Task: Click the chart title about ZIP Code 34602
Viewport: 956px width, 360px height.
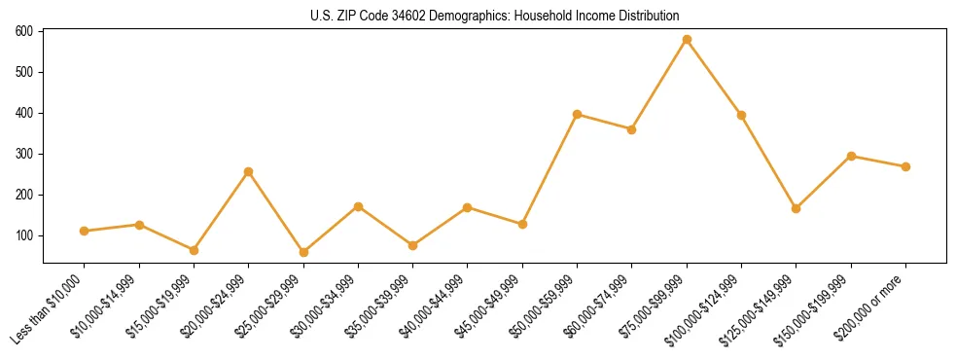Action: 495,17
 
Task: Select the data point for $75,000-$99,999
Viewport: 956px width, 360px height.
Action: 687,40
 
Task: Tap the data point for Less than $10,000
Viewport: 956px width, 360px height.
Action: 85,231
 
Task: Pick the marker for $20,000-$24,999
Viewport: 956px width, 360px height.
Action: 249,171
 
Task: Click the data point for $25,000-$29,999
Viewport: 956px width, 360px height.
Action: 303,252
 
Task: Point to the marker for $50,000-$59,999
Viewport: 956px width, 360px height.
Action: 578,115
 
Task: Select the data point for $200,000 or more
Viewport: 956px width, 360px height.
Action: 905,166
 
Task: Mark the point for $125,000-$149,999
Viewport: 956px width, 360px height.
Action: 797,208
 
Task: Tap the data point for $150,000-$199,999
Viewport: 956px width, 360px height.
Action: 851,156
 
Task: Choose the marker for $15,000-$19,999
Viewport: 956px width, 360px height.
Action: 194,250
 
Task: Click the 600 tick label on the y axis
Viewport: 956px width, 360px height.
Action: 24,31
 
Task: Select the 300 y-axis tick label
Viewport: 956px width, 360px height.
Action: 24,154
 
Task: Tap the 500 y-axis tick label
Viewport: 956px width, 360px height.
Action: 24,72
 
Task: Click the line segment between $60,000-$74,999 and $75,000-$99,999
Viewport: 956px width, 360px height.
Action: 659,85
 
